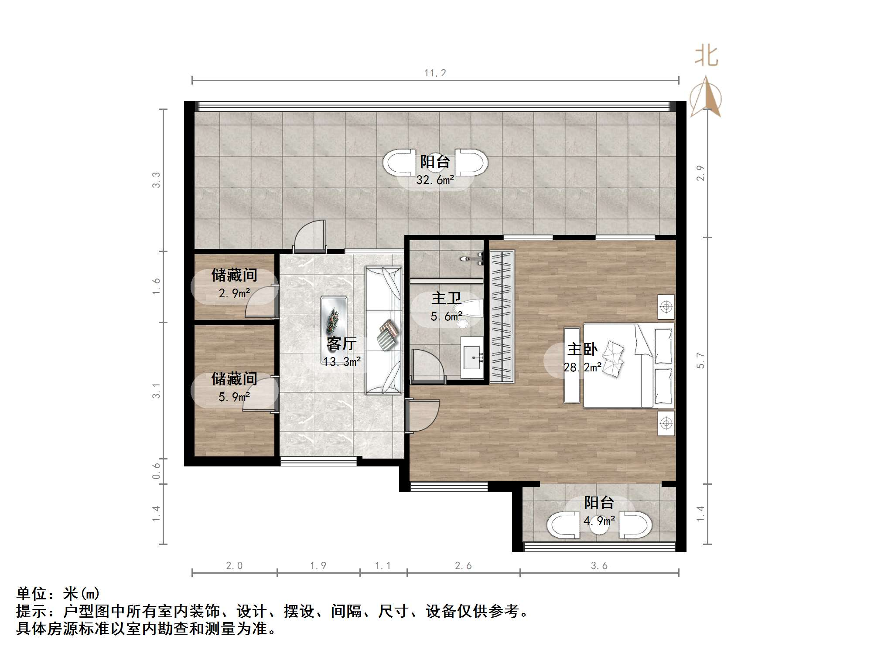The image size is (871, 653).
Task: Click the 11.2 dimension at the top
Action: pyautogui.click(x=435, y=73)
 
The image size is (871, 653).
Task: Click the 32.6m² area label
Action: pyautogui.click(x=435, y=180)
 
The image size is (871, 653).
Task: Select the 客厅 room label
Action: pyautogui.click(x=342, y=344)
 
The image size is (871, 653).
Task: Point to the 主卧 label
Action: pyautogui.click(x=582, y=349)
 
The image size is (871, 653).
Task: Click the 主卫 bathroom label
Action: pyautogui.click(x=446, y=299)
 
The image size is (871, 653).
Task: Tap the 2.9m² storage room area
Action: pyautogui.click(x=234, y=293)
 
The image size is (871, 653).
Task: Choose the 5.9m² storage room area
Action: pyautogui.click(x=234, y=397)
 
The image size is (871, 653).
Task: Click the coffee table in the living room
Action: pyautogui.click(x=334, y=320)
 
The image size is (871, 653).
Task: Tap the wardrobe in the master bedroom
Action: pyautogui.click(x=502, y=316)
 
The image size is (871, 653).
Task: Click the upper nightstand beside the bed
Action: pyautogui.click(x=666, y=307)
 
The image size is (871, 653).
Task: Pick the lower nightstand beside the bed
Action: pyautogui.click(x=666, y=423)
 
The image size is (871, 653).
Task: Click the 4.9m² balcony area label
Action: pyautogui.click(x=599, y=520)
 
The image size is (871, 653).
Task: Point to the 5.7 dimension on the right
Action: pyautogui.click(x=700, y=361)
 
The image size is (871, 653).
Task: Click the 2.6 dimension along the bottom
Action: pyautogui.click(x=463, y=566)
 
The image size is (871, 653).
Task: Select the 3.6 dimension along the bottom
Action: pyautogui.click(x=599, y=566)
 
